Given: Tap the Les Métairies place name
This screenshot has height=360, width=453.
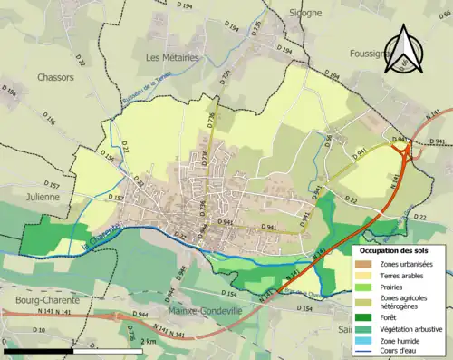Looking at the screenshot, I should tap(170, 57).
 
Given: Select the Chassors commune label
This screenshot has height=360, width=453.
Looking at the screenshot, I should tap(57, 77).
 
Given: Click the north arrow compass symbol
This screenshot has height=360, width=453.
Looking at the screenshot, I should tap(405, 50).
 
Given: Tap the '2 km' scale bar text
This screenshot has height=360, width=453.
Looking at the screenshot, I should tap(125, 341).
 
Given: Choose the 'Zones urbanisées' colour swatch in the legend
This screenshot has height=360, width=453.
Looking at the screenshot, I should tap(366, 263).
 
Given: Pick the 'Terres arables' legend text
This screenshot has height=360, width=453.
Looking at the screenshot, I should tap(405, 276).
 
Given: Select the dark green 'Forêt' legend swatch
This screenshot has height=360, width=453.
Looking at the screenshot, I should tap(366, 316).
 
